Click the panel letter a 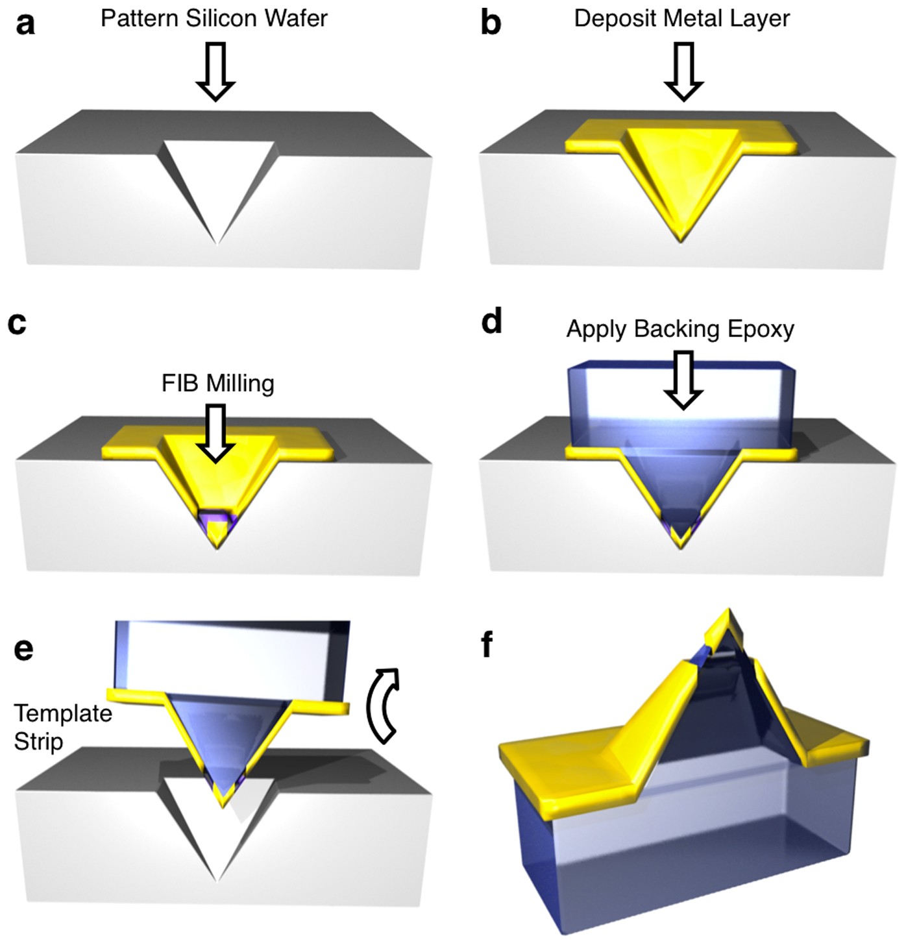pos(25,24)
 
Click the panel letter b pos(491,23)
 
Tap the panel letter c pos(18,323)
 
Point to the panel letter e pos(24,649)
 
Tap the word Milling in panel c pos(239,383)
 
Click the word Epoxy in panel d pos(761,329)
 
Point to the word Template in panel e pos(63,713)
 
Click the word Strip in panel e pos(38,741)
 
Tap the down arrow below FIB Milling pos(215,434)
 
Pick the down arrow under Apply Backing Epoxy pos(683,380)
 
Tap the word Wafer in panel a pos(299,18)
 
